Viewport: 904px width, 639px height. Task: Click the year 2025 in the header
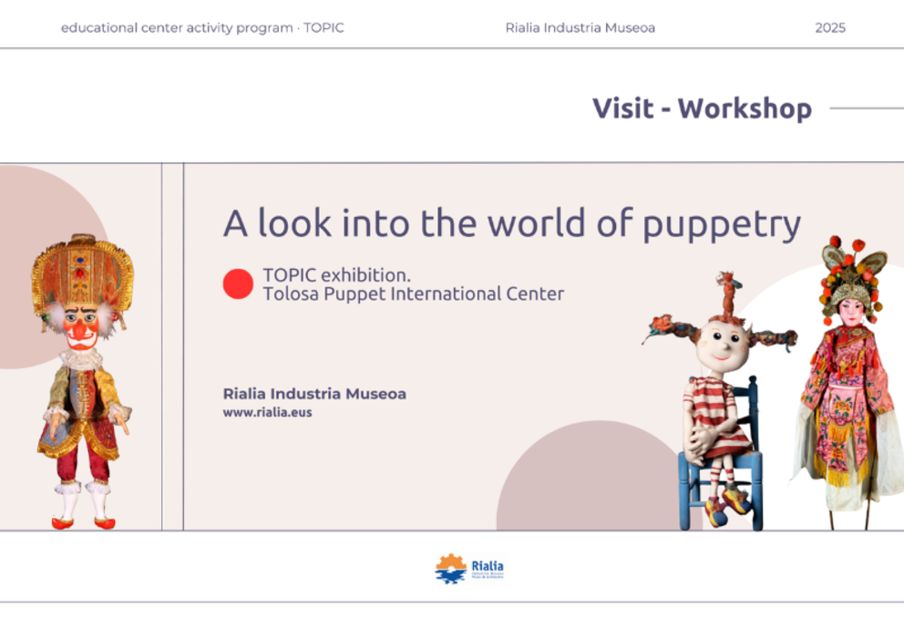pos(830,28)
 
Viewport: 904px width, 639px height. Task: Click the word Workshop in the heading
pos(745,108)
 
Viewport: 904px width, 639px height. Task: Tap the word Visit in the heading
pos(622,108)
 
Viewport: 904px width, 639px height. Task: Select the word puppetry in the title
pos(722,224)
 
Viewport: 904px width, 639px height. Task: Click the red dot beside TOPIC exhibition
pos(238,284)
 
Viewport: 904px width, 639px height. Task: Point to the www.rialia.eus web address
pos(267,412)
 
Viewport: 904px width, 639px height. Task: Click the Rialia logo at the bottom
pos(468,569)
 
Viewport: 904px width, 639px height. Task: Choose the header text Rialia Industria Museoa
pos(580,28)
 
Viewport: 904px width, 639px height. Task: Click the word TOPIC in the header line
pos(324,28)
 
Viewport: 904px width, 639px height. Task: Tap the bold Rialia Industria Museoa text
pos(314,394)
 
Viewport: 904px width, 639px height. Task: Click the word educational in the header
pos(98,28)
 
